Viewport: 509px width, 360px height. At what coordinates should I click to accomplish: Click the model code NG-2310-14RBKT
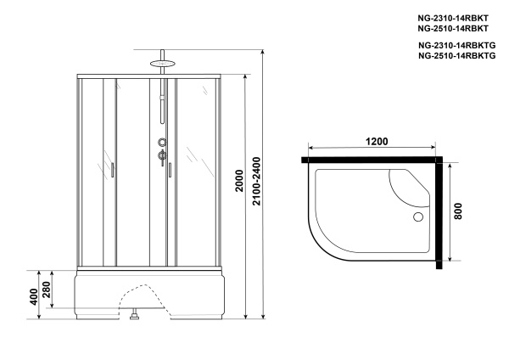[453, 18]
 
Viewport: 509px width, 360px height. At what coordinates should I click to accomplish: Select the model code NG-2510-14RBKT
[453, 29]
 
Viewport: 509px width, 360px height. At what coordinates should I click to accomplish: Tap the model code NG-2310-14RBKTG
[456, 45]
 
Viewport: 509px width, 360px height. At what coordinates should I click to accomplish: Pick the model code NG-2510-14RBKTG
[456, 55]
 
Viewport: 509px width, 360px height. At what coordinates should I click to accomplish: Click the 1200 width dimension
[377, 141]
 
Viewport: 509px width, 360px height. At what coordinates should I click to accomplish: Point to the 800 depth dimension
[458, 211]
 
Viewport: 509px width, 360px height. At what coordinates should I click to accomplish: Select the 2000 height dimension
[239, 181]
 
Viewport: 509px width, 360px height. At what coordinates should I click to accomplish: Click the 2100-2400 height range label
[256, 181]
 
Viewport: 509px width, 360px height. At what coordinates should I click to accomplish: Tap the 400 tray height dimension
[34, 296]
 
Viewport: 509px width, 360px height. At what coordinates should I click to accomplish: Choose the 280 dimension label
[47, 290]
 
